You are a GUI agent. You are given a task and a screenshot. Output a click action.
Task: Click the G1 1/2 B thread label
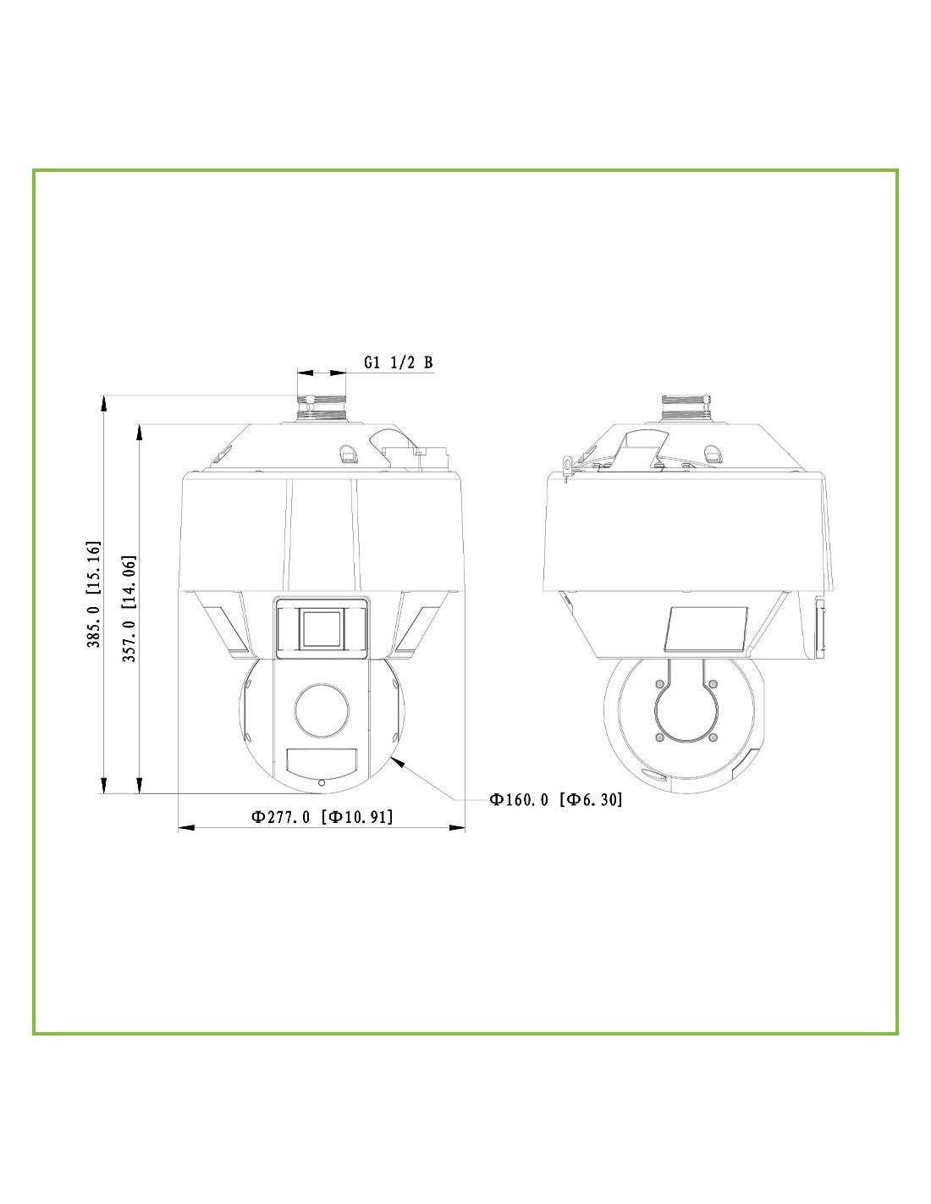point(398,362)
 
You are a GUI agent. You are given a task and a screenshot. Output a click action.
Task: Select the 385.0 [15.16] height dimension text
point(94,594)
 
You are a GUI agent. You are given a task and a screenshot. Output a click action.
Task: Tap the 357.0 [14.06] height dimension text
point(129,609)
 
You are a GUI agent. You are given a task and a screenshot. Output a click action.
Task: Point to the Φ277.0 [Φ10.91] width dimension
point(322,817)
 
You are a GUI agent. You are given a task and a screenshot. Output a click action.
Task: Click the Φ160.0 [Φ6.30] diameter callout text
point(555,799)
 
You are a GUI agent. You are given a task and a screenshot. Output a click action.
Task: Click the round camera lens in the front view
point(322,710)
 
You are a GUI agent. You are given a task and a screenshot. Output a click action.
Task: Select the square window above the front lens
point(322,627)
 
